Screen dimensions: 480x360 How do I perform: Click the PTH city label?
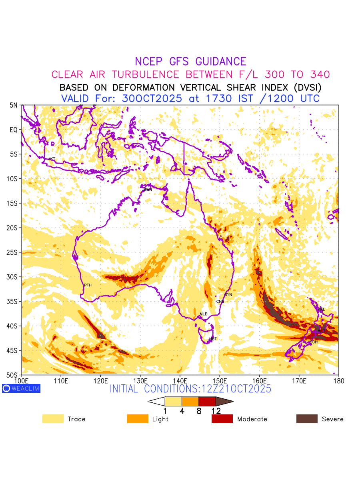[88, 285]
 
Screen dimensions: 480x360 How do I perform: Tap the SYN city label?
[228, 295]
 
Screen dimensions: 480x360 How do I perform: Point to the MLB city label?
[204, 314]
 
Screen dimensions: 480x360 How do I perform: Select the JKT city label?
[52, 159]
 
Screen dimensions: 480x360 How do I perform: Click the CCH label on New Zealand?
[314, 342]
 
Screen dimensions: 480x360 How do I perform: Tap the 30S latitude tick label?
[13, 277]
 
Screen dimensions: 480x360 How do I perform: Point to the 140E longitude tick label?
[180, 380]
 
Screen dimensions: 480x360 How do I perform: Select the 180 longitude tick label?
[338, 380]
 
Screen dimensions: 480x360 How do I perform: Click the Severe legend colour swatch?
[307, 419]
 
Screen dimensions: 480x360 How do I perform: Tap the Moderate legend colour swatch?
[222, 419]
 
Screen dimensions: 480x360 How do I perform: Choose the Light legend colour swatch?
[138, 419]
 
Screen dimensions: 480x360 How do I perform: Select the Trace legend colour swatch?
[53, 419]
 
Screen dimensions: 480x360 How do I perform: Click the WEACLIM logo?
[21, 388]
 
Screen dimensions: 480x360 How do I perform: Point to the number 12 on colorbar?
[216, 411]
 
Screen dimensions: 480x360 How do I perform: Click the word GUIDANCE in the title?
[221, 62]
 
